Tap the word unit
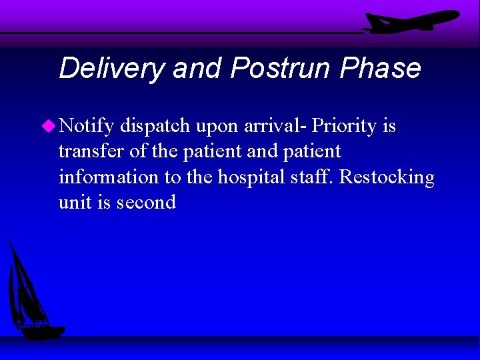click(74, 203)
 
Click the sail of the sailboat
click(27, 287)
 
